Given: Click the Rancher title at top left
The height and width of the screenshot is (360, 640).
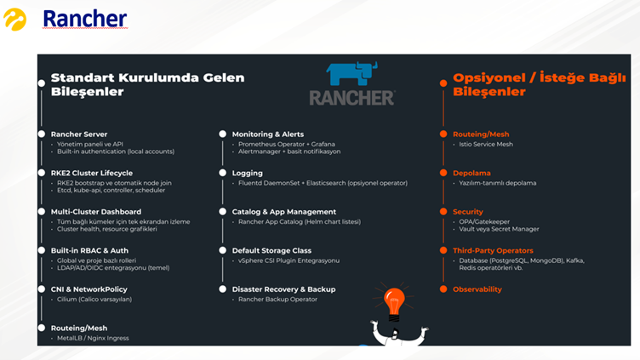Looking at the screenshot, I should click(x=84, y=19).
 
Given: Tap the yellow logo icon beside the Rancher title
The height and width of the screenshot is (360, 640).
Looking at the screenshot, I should click(x=15, y=18).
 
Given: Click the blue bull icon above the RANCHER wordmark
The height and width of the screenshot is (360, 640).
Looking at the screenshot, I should click(x=351, y=73).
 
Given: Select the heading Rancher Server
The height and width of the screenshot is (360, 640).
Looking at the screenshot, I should click(x=79, y=134).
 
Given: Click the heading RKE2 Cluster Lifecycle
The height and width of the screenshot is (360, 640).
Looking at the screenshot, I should click(x=92, y=173).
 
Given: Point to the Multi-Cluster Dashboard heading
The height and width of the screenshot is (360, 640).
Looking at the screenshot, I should click(x=96, y=211).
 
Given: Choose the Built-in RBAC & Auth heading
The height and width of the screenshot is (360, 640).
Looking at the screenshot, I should click(x=89, y=250).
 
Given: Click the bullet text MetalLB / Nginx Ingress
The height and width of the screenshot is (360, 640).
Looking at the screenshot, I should click(x=94, y=338).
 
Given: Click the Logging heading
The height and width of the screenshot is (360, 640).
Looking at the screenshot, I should click(x=248, y=173).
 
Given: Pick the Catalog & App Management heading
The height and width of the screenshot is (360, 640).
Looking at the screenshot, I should click(x=283, y=211).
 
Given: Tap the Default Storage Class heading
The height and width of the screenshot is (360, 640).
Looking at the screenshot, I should click(x=272, y=250).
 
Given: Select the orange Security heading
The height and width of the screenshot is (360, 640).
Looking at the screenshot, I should click(x=468, y=211).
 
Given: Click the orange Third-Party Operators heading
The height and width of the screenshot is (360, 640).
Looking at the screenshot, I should click(x=493, y=250).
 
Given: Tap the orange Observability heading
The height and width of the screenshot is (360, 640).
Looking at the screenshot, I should click(x=477, y=289).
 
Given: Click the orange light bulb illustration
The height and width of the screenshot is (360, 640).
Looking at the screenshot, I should click(x=393, y=300).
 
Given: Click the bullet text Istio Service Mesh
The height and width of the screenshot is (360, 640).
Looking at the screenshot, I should click(x=485, y=145).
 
